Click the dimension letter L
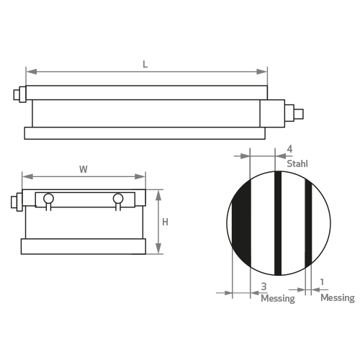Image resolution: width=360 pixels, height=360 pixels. (145, 64)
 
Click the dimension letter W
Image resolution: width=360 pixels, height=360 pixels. (84, 169)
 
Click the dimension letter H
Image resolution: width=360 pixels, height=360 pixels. (165, 222)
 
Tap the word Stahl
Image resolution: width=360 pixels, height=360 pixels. (297, 163)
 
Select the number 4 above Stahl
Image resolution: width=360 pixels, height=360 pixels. (289, 149)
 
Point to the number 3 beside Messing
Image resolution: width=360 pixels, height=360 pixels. (264, 287)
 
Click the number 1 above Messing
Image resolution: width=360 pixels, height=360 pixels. (322, 282)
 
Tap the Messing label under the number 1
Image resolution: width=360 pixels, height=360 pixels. (338, 298)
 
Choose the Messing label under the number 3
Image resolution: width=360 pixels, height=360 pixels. (278, 299)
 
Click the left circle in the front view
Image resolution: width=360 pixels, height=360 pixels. (48, 199)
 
